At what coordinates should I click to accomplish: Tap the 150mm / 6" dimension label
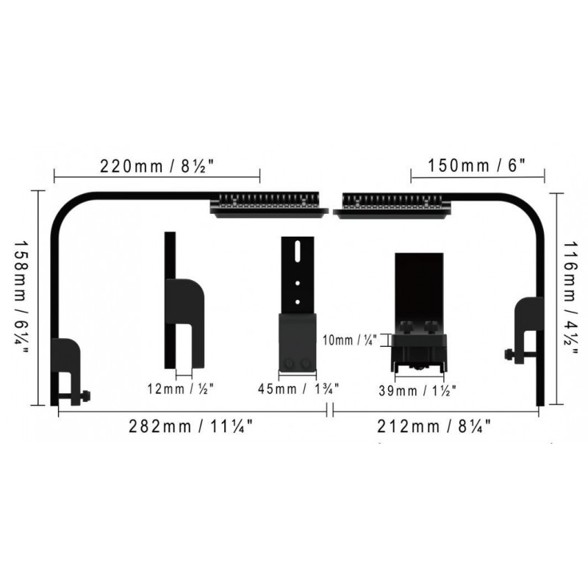(x=476, y=165)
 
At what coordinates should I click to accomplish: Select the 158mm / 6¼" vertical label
(x=21, y=298)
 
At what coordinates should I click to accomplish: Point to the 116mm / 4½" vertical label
(x=570, y=298)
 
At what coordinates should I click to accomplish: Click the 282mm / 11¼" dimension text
(x=191, y=426)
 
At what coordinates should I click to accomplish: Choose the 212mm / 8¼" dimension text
(x=434, y=426)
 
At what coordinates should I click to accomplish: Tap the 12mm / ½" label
(x=180, y=389)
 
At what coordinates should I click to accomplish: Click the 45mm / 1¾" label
(x=298, y=389)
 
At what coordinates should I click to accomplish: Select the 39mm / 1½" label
(x=417, y=391)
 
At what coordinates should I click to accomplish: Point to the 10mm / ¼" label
(x=350, y=340)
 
